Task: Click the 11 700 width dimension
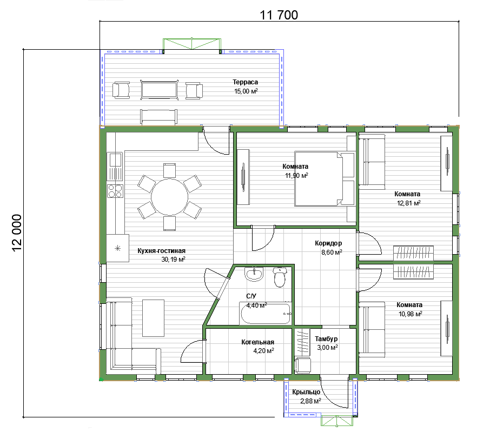click(x=279, y=15)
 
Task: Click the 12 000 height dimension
click(x=17, y=232)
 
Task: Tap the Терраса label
click(x=246, y=82)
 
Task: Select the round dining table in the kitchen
click(x=169, y=197)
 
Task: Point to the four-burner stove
click(x=115, y=191)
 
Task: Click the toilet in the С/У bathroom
click(x=280, y=277)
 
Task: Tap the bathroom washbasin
click(x=254, y=275)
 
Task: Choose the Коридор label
click(x=328, y=243)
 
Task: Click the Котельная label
click(x=257, y=342)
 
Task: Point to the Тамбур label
click(x=326, y=339)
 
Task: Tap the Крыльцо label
click(x=306, y=392)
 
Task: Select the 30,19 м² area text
click(x=173, y=260)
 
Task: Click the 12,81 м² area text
click(x=408, y=203)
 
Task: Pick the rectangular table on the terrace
click(x=160, y=90)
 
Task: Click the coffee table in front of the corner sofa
click(x=154, y=318)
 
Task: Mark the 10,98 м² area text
click(x=410, y=314)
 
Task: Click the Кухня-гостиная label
click(x=161, y=250)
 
